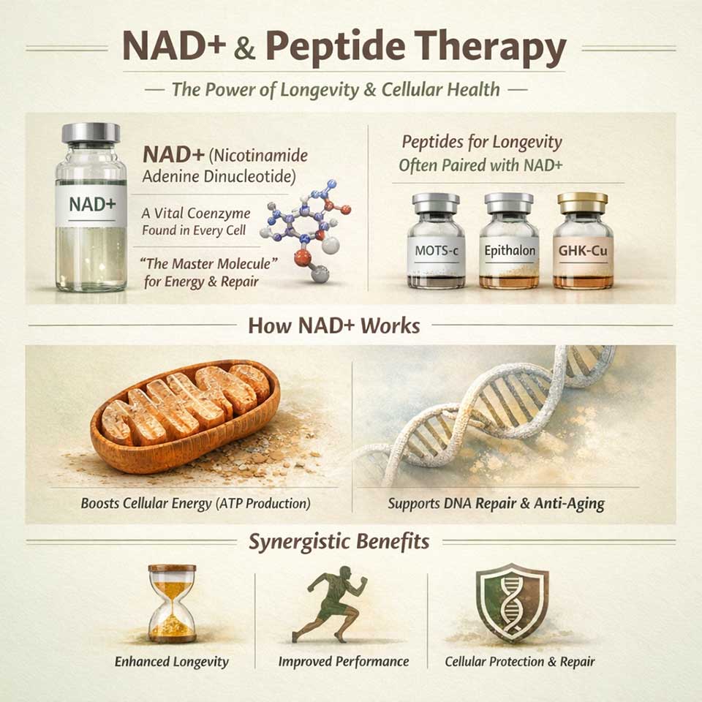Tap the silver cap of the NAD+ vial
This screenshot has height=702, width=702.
(91, 133)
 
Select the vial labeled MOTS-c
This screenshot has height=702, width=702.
(436, 243)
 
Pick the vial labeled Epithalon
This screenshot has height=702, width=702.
(509, 243)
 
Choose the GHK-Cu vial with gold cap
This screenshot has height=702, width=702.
(583, 243)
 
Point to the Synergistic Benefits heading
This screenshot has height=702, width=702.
(339, 542)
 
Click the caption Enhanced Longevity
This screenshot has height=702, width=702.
(172, 662)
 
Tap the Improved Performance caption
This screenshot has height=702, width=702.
(343, 662)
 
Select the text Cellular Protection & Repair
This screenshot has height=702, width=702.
(520, 662)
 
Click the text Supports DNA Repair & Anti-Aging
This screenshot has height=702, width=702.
(496, 504)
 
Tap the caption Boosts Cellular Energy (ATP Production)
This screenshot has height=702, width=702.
(195, 504)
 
